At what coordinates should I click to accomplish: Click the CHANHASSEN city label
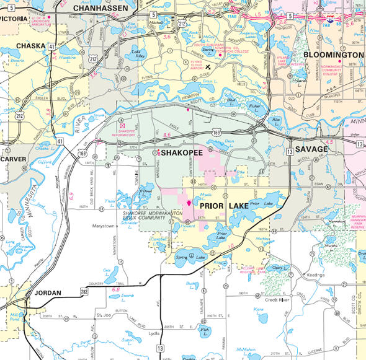pos(100,8)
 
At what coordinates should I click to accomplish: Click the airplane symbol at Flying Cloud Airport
pos(208,66)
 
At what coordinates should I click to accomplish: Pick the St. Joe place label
pos(102,315)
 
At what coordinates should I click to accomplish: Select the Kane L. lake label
pos(259,309)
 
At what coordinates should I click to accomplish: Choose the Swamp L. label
pos(127,296)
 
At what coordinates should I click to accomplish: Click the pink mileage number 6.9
pos(73,195)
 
